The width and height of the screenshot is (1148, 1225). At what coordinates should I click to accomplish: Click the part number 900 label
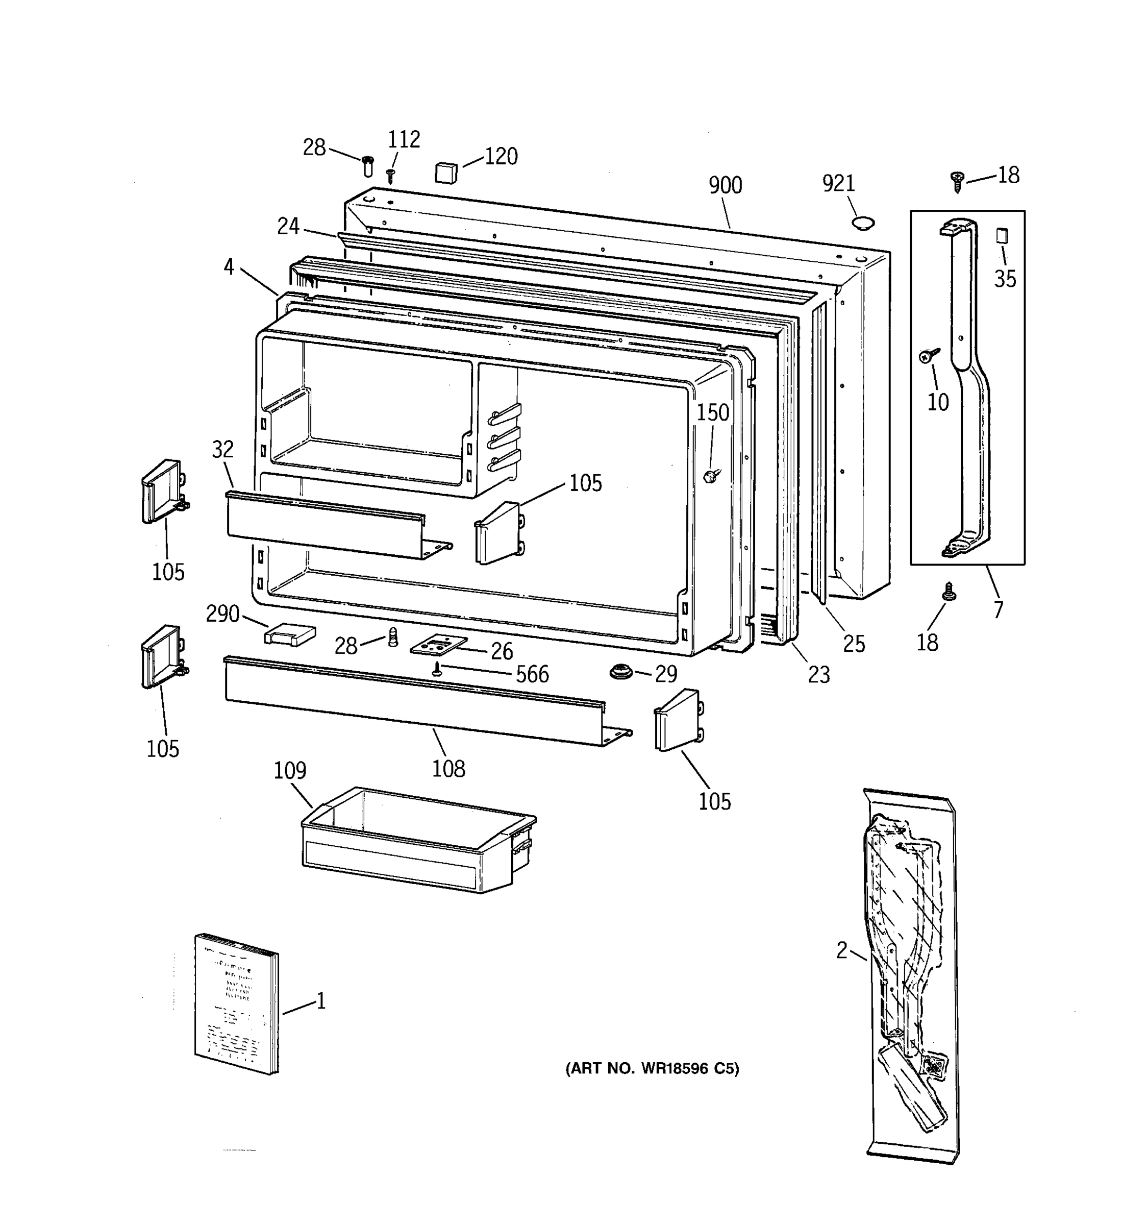[725, 185]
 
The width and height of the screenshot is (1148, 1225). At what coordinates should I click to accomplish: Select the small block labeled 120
[446, 173]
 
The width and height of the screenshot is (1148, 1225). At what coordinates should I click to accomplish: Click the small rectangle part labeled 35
[1002, 236]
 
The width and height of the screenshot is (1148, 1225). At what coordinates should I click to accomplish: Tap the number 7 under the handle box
[999, 608]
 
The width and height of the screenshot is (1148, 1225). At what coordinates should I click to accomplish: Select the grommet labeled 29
[621, 672]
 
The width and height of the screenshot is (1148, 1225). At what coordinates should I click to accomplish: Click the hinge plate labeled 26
[438, 646]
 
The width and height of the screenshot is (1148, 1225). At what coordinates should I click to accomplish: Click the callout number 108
[448, 768]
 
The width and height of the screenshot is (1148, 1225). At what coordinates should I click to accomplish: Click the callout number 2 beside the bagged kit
[842, 951]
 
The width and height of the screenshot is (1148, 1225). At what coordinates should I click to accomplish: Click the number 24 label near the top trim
[288, 226]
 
